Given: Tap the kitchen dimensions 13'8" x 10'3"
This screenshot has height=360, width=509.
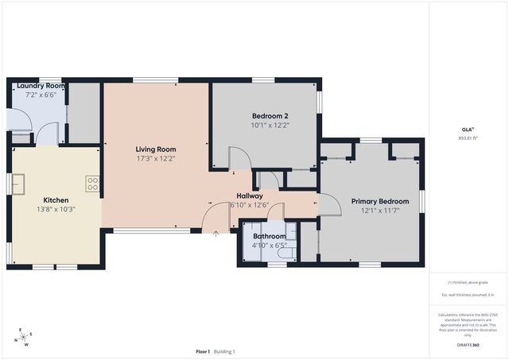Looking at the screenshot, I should coord(56,209).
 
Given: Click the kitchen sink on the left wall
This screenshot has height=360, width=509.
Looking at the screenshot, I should coord(17,184).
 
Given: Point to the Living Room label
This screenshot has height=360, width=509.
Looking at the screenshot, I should coord(155,149).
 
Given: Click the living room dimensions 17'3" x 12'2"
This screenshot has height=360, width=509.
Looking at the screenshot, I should coord(155,158).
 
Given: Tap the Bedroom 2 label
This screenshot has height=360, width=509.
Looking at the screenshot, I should coord(270,116).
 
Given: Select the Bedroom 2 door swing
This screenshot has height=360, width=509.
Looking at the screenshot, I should coord(239,157).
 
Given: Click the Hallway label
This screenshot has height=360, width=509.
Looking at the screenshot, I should coord(250,195).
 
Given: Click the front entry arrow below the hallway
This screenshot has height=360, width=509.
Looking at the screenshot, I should coord(216,234).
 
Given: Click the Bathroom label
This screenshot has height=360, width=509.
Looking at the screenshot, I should coord(269,236).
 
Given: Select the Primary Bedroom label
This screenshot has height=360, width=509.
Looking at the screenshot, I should coord(380,201).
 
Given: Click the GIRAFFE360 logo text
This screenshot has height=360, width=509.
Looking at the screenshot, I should coord(469,345).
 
